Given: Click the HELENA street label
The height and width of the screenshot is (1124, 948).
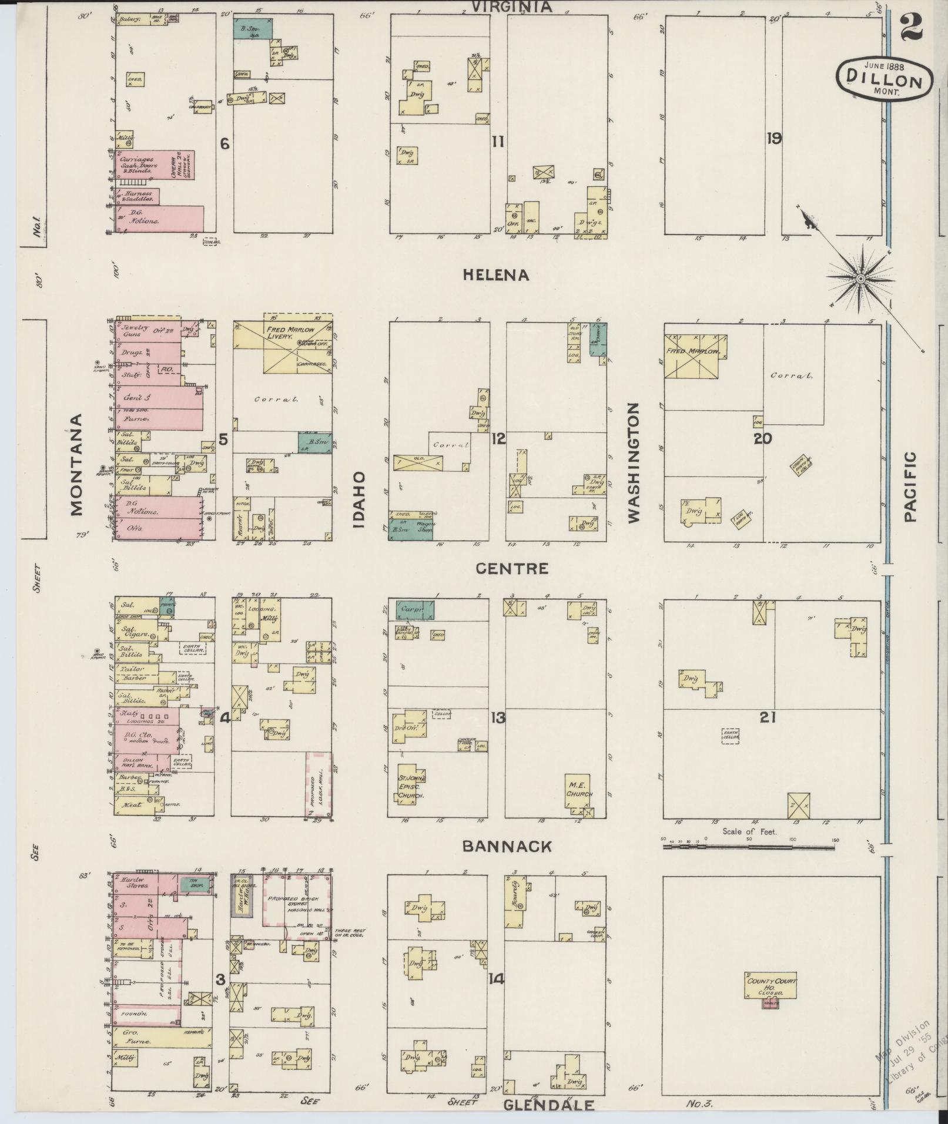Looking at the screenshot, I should [x=496, y=274].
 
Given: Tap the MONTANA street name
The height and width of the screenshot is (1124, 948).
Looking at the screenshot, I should [x=77, y=464].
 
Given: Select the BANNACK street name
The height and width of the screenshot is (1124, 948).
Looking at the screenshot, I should [x=507, y=846].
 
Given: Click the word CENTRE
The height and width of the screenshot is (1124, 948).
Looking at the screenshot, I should [x=512, y=568].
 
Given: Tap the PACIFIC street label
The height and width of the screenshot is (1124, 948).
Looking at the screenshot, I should [x=910, y=486].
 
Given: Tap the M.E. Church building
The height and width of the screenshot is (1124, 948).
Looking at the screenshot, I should [x=578, y=790].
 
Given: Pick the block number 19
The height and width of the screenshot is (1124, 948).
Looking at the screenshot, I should [x=773, y=139].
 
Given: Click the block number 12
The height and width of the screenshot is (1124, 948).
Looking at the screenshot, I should [x=498, y=438].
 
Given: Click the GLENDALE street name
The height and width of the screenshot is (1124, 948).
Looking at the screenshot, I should [x=548, y=1105].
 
